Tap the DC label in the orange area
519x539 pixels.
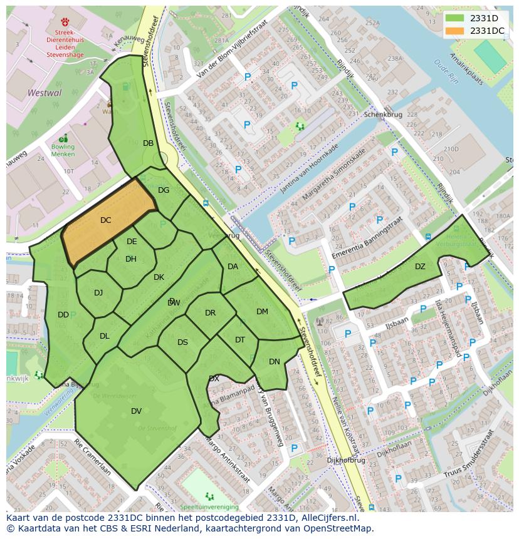(105, 220)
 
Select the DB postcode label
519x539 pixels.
(148, 143)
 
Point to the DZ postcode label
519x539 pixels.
(420, 267)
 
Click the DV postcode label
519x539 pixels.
(136, 411)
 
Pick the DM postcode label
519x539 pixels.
(262, 312)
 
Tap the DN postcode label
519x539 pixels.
(275, 362)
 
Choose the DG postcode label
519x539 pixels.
(164, 190)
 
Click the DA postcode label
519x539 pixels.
(233, 267)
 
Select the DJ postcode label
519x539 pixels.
(98, 293)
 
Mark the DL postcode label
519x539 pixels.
(105, 336)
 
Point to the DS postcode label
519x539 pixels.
(182, 342)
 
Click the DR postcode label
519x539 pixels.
(210, 313)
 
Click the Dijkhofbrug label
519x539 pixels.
(345, 460)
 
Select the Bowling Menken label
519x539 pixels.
(63, 150)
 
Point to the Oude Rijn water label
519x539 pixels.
(446, 72)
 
